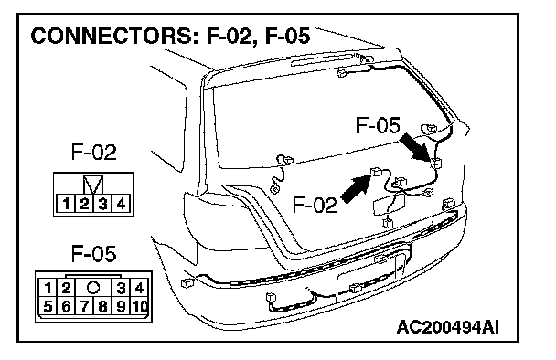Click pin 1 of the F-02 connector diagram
coord(66,204)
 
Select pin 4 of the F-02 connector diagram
coord(121,204)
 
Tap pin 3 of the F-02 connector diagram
coord(102,204)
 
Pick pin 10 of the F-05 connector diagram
coord(140,306)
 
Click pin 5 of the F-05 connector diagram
coord(48,306)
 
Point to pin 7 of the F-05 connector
coord(84,306)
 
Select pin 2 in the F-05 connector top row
coord(66,288)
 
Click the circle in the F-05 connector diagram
coord(93,288)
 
